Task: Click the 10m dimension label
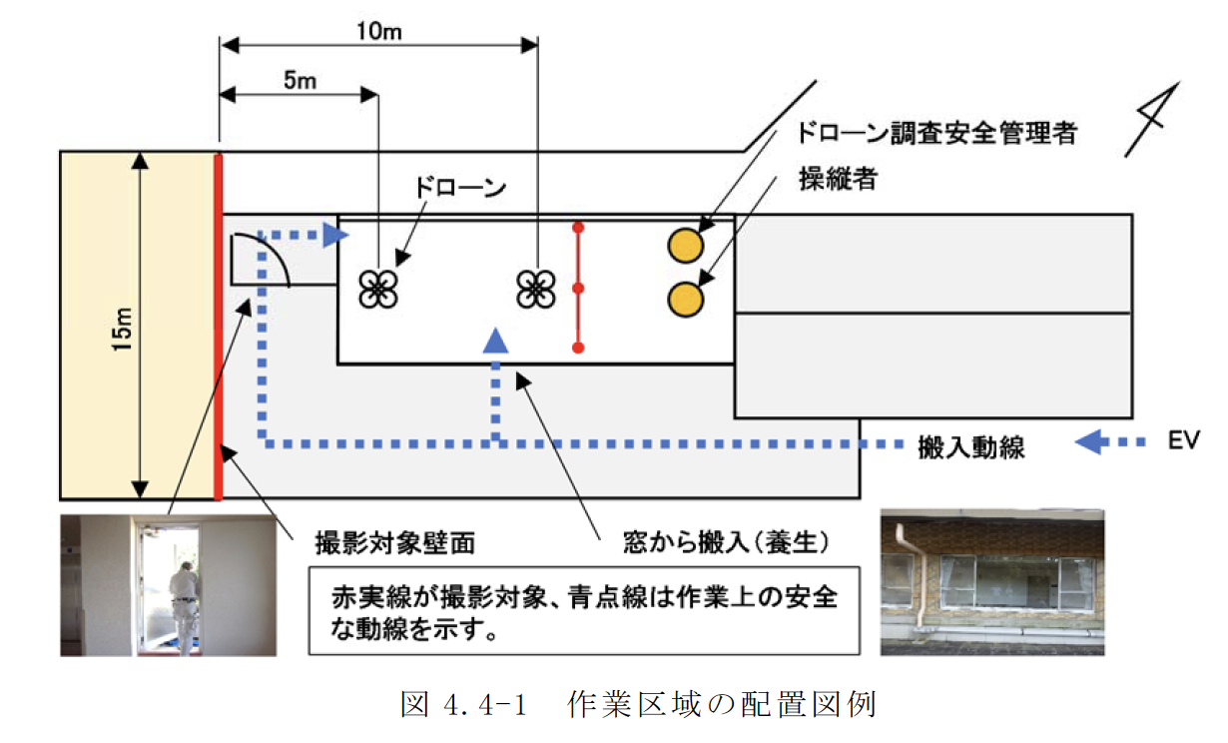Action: [x=378, y=30]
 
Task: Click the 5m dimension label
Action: [x=299, y=81]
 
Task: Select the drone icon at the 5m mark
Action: [x=378, y=289]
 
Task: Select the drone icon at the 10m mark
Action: [x=536, y=289]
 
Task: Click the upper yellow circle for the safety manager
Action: [x=686, y=244]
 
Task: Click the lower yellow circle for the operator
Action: [x=686, y=297]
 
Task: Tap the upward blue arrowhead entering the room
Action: [x=495, y=341]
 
